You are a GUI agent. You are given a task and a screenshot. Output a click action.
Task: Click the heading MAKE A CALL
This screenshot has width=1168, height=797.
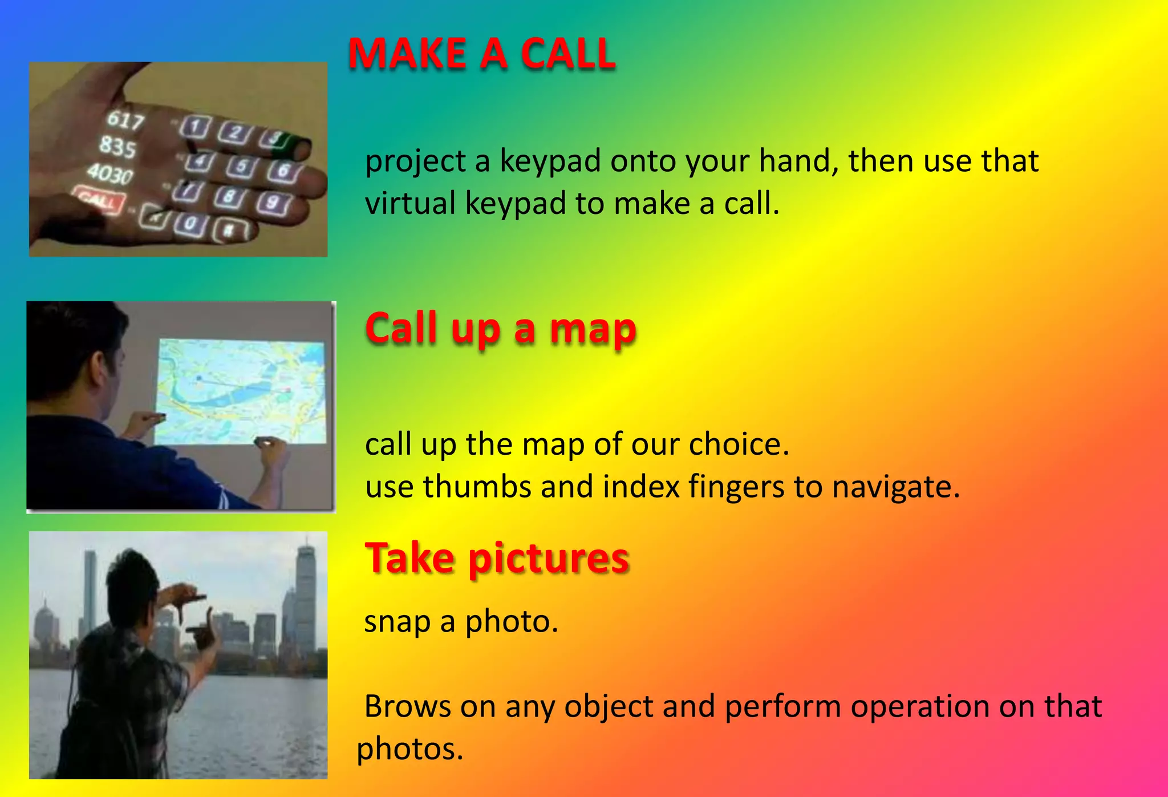(x=482, y=54)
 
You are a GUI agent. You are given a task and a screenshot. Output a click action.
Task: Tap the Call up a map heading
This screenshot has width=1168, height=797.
(x=500, y=329)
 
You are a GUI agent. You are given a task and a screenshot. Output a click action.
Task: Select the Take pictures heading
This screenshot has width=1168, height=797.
(x=497, y=558)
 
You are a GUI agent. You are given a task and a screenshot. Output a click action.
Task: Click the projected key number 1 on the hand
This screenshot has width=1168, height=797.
(x=196, y=127)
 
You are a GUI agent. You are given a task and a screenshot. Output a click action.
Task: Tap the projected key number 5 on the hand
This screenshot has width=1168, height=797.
(x=242, y=165)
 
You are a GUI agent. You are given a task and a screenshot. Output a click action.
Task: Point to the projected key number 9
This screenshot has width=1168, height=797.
(x=274, y=203)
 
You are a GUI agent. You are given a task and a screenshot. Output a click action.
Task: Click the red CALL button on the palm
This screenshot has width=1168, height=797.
(x=99, y=200)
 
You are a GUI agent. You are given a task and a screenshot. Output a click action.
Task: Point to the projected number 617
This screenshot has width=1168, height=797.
(x=125, y=120)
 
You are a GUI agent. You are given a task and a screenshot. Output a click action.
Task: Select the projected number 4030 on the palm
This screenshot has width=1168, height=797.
(x=110, y=173)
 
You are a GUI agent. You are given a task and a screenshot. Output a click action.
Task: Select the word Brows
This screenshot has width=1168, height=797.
(x=407, y=706)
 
